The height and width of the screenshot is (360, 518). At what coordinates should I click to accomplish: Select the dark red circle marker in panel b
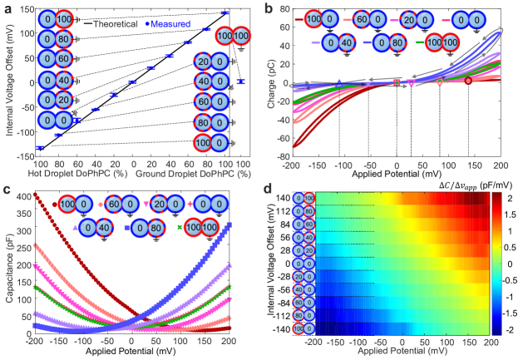pyautogui.click(x=468, y=81)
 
